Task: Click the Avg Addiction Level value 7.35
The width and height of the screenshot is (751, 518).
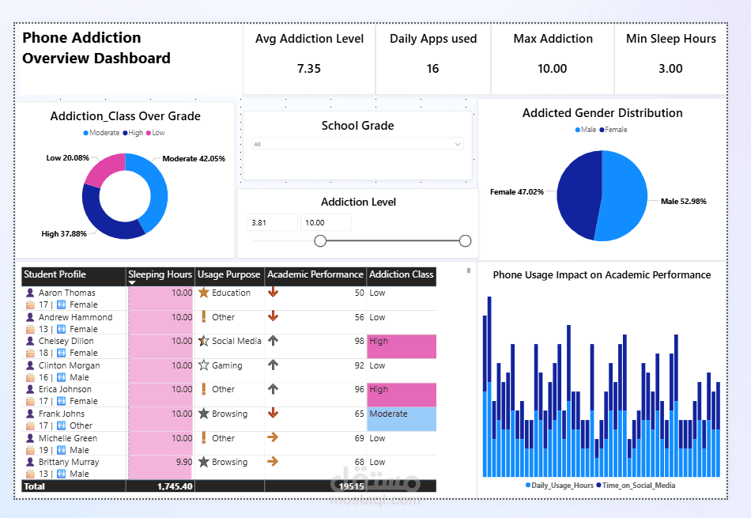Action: point(308,69)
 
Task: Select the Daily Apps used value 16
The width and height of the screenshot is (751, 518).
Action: point(432,69)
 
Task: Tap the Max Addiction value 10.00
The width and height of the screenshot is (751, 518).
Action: point(552,69)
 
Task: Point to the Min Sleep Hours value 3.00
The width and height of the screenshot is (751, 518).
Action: point(670,69)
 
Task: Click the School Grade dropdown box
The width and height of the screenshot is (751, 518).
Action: point(357,144)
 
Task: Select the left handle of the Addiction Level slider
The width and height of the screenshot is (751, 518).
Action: point(320,240)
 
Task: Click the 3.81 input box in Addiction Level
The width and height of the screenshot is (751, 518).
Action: point(272,223)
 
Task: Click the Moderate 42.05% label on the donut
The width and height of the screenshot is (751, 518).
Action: point(194,159)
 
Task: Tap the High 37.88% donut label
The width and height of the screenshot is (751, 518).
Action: point(64,234)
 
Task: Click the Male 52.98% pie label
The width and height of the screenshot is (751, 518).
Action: point(684,202)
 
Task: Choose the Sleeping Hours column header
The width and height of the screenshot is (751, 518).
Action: point(160,275)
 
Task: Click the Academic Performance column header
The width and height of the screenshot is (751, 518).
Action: point(315,275)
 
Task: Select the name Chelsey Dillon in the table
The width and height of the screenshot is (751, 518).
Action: point(66,342)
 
